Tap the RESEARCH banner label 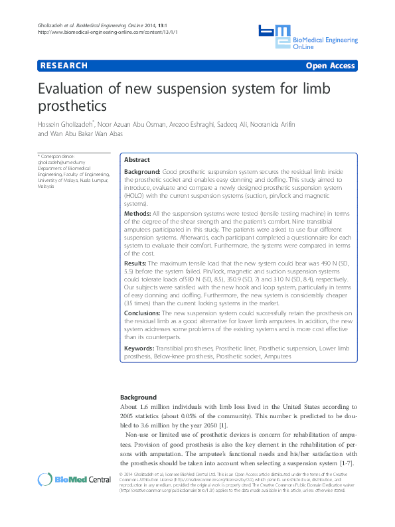point(64,66)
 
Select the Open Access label point(331,66)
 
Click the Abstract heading point(137,160)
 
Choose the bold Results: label point(137,263)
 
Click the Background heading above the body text point(138,397)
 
